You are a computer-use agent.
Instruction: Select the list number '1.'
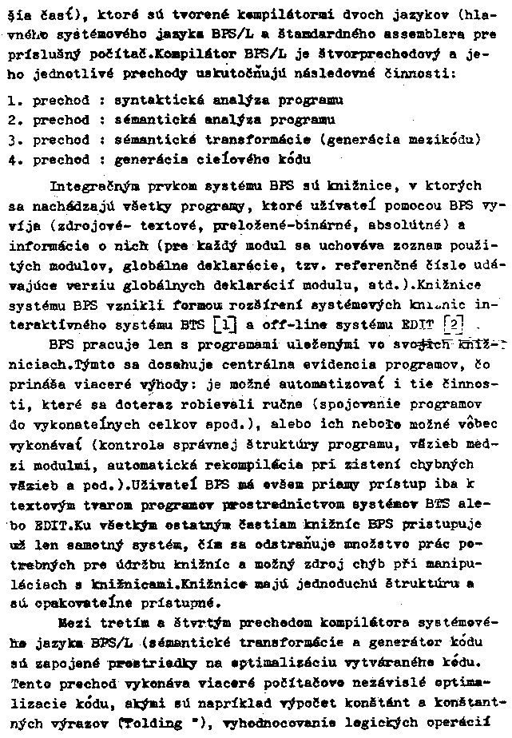coord(11,101)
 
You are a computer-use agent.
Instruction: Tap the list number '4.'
coord(11,160)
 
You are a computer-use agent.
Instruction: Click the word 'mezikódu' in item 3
coord(442,141)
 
